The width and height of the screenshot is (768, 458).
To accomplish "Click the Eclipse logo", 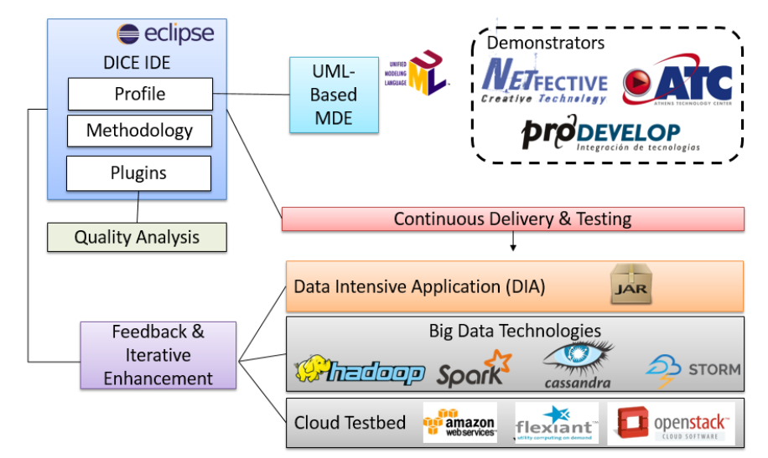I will point(165,34).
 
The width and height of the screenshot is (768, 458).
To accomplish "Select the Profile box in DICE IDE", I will point(140,94).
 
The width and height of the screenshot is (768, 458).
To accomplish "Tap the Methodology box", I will point(140,131).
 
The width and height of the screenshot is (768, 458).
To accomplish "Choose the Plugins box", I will point(139,173).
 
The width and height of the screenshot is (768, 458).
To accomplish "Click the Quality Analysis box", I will point(137,237).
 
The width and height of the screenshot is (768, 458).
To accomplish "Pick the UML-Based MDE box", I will point(333,95).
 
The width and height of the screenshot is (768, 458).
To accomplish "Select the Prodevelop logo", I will point(600,135).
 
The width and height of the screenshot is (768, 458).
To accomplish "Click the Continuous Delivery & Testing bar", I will point(512,219).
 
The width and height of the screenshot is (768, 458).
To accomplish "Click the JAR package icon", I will point(631,286).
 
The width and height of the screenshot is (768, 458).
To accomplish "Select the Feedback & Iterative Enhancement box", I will point(158,355).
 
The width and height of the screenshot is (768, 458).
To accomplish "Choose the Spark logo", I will point(474,369).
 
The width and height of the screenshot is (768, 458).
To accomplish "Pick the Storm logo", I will point(693,369).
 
